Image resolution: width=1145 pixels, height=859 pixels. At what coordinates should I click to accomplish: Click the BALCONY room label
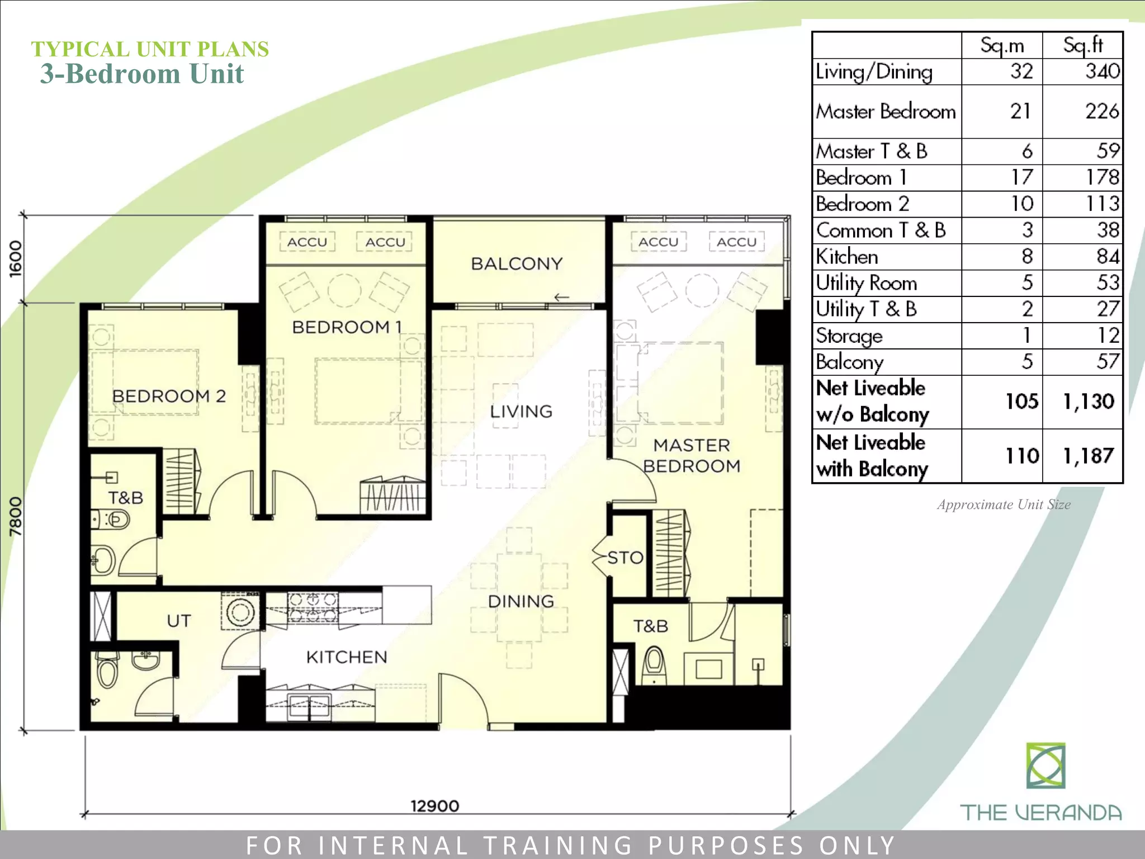[x=517, y=263]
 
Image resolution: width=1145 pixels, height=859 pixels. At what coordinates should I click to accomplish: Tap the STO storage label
[x=625, y=558]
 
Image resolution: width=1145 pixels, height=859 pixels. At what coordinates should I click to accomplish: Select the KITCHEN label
[x=347, y=657]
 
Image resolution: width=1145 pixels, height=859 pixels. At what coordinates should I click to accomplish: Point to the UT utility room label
[x=179, y=621]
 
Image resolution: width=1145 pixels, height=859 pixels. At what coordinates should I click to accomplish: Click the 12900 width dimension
[x=435, y=806]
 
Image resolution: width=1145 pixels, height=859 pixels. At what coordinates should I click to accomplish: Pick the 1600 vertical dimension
[x=16, y=258]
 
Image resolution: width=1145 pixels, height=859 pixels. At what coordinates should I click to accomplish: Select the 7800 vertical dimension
[x=16, y=516]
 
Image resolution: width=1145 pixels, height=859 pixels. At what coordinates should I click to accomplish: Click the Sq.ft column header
[x=1083, y=45]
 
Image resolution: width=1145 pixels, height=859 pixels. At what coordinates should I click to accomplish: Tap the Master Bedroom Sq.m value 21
[x=1020, y=111]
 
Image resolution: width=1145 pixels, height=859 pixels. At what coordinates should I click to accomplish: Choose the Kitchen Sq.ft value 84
[x=1108, y=256]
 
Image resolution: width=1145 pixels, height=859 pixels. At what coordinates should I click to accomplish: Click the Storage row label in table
[x=849, y=336]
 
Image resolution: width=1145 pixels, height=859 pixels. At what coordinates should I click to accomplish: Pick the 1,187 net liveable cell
[x=1089, y=456]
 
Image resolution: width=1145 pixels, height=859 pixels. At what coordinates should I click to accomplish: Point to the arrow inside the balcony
[x=561, y=298]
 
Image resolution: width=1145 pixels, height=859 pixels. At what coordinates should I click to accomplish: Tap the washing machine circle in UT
[x=240, y=612]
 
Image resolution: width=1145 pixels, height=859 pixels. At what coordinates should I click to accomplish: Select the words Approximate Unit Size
[x=1004, y=504]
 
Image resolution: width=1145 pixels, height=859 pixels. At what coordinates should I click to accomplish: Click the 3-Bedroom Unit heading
[x=142, y=74]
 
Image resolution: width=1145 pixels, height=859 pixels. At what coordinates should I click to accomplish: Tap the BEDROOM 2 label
[x=169, y=396]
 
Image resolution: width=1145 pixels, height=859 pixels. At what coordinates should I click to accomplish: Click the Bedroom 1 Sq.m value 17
[x=1021, y=177]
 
